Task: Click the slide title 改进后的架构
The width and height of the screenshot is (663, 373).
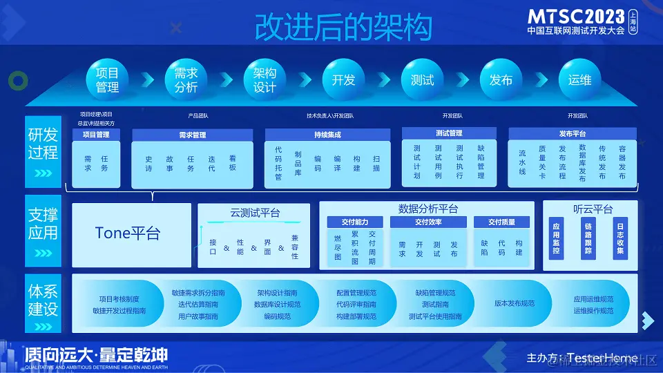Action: click(343, 28)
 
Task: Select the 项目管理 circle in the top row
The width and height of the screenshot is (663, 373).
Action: click(107, 79)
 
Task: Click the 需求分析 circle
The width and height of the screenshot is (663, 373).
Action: click(186, 79)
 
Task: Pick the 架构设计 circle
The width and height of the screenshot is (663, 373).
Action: click(265, 79)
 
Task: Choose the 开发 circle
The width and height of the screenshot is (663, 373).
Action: click(343, 79)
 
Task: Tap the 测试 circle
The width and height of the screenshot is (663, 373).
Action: click(422, 79)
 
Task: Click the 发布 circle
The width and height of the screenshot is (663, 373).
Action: click(501, 79)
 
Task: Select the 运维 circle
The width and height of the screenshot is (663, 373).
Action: click(579, 79)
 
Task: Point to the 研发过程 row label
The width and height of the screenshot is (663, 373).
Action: click(43, 143)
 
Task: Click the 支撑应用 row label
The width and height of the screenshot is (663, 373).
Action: click(43, 222)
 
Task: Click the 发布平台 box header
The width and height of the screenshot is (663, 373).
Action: click(573, 133)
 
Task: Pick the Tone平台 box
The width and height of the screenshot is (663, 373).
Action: click(128, 233)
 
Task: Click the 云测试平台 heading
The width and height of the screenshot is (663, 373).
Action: click(255, 213)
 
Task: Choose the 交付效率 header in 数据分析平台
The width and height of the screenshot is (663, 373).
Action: click(428, 222)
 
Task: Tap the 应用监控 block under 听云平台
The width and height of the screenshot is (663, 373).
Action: click(557, 238)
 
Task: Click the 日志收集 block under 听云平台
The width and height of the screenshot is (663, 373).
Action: click(620, 238)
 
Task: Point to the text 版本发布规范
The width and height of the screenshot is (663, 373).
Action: click(515, 304)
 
